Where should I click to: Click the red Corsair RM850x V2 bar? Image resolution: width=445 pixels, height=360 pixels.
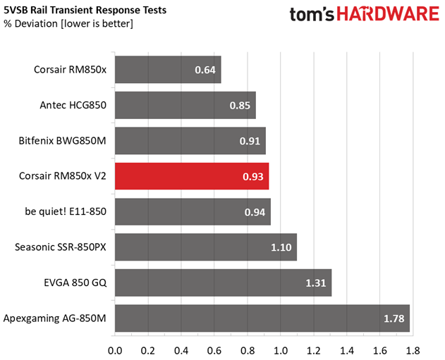191,175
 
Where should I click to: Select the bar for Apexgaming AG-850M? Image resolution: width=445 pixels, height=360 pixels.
262,318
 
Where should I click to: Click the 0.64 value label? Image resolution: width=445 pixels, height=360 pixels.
206,70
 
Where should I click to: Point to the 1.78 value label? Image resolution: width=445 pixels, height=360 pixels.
394,318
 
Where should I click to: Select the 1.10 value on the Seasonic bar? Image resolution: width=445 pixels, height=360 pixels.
281,247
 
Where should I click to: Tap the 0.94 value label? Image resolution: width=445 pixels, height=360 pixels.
255,211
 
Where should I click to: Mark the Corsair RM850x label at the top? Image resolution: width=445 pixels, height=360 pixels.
70,70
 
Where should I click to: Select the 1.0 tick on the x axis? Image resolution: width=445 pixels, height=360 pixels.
280,349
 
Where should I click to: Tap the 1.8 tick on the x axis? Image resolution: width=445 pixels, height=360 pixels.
413,349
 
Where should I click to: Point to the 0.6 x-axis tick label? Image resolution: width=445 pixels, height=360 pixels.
214,349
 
